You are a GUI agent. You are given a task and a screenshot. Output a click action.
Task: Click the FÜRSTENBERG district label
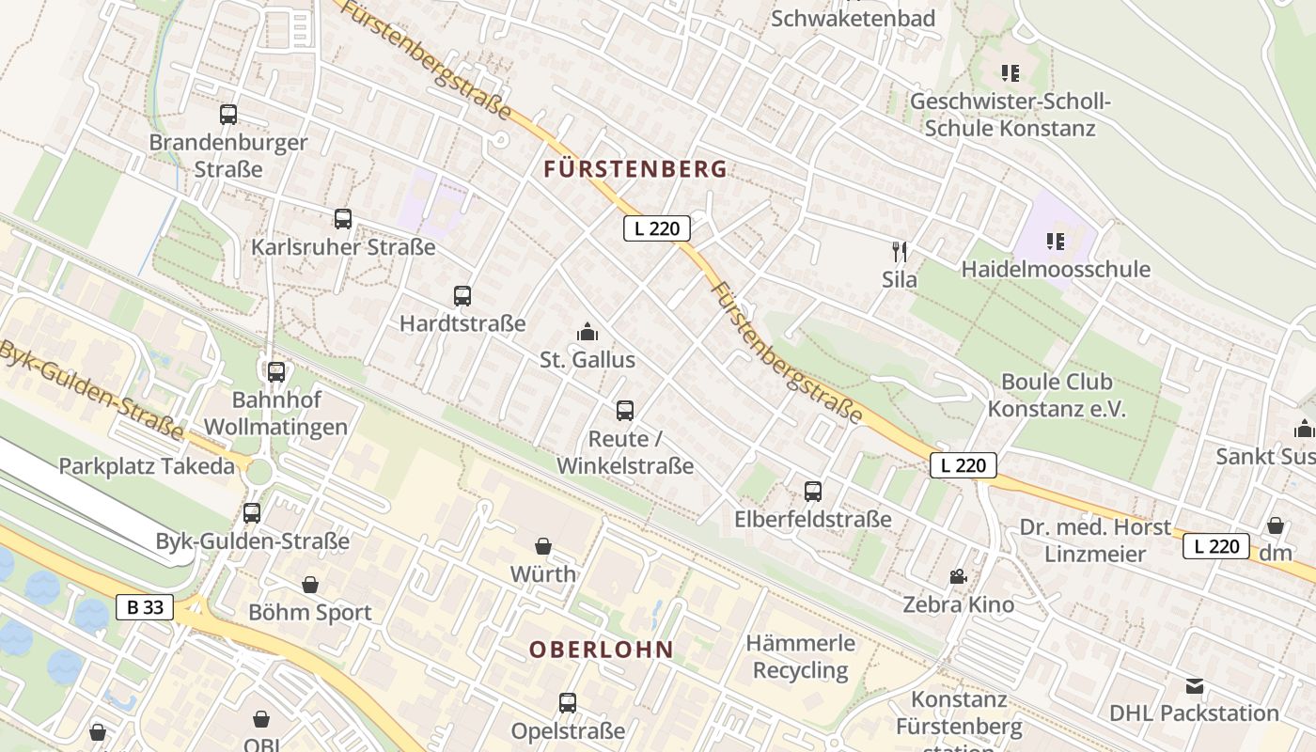point(635,169)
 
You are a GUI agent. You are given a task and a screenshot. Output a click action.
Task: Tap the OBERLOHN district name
point(602,650)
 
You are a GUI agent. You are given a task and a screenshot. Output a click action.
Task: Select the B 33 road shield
point(146,607)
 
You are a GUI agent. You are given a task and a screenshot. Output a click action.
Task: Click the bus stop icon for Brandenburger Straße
point(228,115)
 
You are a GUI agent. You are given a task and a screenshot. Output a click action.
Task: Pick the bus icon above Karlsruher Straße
point(343,219)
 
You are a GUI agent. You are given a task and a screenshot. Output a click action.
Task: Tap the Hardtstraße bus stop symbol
point(462,296)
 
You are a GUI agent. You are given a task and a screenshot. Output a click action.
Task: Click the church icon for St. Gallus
point(587,332)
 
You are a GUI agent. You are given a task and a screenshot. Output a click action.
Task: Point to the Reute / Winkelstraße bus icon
point(625,411)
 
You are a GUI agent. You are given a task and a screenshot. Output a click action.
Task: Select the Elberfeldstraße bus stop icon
point(813,492)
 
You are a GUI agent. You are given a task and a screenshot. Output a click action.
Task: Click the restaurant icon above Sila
point(900,251)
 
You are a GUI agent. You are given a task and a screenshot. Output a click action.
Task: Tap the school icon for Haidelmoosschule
point(1056,242)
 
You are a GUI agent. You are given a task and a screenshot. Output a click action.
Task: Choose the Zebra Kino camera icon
point(958,576)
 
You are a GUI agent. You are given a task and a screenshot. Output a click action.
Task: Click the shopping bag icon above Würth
point(543,546)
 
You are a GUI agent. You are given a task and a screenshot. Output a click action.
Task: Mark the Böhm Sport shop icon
point(310,585)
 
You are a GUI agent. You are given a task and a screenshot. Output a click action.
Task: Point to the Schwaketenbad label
point(853,19)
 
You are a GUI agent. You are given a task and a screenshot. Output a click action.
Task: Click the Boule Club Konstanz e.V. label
point(1057,396)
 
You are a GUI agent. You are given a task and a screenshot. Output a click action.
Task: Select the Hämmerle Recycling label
point(801,657)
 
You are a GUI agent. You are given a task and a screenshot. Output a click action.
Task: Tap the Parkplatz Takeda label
point(147,466)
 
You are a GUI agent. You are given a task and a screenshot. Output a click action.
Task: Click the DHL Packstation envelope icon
point(1195,686)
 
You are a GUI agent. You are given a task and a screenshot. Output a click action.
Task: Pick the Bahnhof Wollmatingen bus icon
point(275,371)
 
